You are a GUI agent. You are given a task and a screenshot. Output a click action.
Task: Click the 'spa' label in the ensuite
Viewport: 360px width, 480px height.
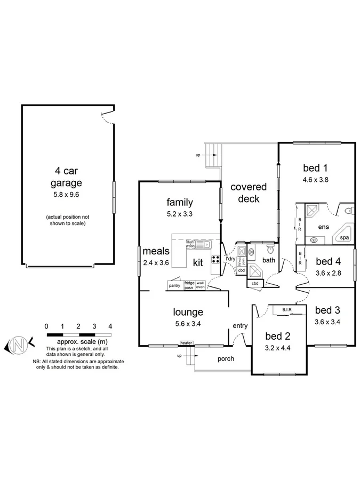coord(345,237)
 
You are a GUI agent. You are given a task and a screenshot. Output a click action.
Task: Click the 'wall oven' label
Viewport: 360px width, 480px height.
coord(201,285)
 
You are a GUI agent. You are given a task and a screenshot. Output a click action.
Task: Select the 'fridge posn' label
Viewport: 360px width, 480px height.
coord(189,285)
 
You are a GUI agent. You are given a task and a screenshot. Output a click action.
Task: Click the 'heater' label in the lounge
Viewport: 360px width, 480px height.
coord(186,343)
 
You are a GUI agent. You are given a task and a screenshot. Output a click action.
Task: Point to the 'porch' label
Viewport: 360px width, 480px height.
coord(226,359)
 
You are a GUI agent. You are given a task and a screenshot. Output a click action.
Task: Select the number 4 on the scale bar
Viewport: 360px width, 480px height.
coord(110,326)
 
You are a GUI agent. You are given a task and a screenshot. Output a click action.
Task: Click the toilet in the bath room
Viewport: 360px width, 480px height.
coord(270,249)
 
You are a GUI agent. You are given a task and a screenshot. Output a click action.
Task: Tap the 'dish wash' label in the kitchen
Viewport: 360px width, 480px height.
coord(190,244)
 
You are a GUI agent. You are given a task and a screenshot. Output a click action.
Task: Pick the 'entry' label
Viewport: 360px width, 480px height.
coord(240,326)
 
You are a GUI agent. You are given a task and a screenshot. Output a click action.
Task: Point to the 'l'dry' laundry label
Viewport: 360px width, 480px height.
coord(230,259)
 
